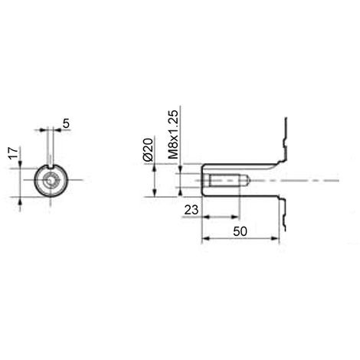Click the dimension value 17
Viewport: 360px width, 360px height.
(12, 158)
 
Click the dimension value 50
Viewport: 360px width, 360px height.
(240, 230)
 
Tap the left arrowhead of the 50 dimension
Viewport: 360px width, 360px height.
(205, 240)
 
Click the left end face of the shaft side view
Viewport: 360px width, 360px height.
(203, 182)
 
